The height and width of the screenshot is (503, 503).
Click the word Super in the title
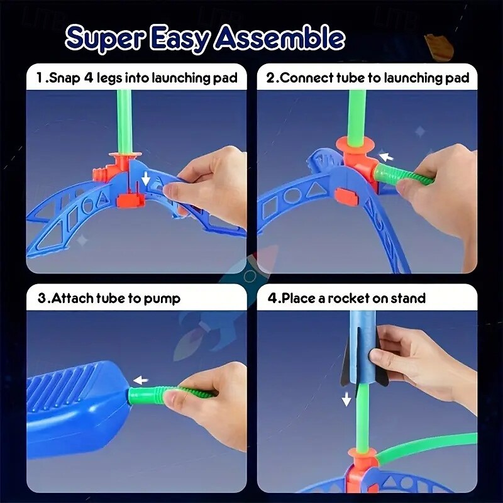(101, 37)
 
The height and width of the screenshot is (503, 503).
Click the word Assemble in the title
(279, 38)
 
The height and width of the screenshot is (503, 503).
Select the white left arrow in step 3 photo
(142, 380)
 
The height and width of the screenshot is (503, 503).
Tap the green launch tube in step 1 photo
(124, 119)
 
